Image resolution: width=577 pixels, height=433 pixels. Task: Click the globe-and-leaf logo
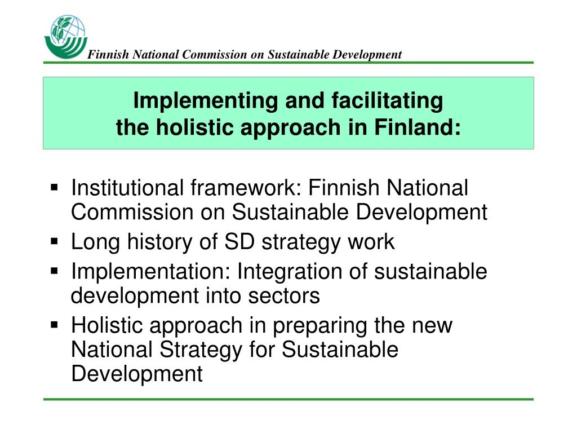click(x=65, y=37)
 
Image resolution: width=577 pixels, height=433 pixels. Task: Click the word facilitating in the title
click(x=387, y=100)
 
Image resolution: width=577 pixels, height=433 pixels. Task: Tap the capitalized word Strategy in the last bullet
click(x=201, y=350)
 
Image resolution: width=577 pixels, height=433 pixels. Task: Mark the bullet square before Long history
click(x=55, y=241)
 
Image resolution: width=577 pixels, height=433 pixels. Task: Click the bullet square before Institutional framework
click(x=55, y=188)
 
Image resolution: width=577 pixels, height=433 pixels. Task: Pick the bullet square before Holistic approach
click(x=55, y=325)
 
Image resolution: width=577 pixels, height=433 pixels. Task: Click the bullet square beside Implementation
click(x=55, y=271)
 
